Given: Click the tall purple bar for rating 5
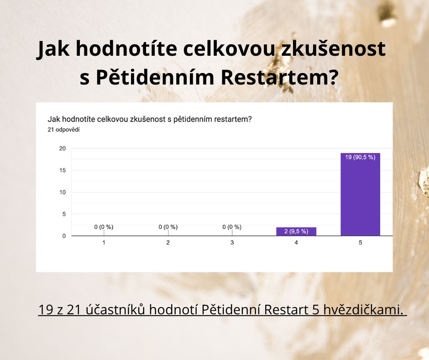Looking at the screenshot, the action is [x=361, y=194].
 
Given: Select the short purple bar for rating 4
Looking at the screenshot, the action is [x=296, y=232].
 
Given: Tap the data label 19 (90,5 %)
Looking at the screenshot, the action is [x=361, y=157].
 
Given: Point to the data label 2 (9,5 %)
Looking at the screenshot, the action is [x=296, y=231].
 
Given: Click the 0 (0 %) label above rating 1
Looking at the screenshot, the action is [x=104, y=227].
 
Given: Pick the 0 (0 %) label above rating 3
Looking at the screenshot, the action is [x=232, y=227].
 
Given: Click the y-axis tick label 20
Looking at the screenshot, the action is [x=63, y=148].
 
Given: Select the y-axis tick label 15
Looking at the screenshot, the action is [x=63, y=170].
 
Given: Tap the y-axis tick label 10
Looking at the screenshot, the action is [x=63, y=192].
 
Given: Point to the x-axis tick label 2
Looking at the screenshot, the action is [x=168, y=243].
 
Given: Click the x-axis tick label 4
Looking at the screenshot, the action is [x=296, y=243].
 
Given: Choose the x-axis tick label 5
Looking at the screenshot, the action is [x=361, y=243].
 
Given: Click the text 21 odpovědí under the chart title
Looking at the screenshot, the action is [x=63, y=130].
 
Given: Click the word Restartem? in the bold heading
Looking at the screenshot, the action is [x=279, y=77].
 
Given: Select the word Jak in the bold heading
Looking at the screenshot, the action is [x=53, y=49].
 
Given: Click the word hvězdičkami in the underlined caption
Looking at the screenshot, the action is [x=363, y=310].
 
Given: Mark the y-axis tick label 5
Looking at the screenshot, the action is [x=64, y=214].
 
